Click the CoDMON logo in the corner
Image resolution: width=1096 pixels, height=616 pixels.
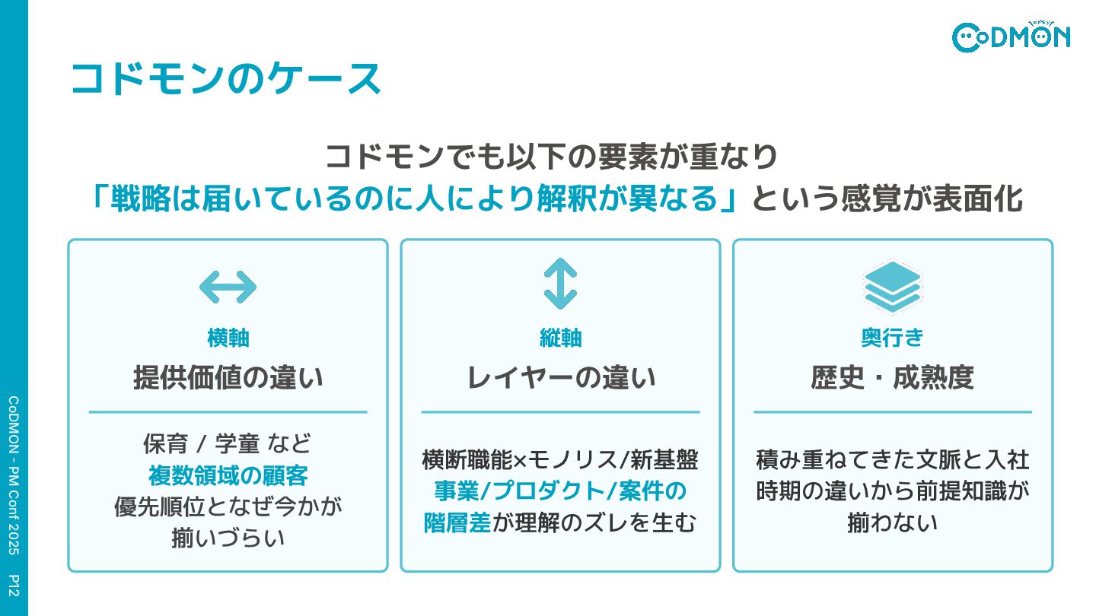click(1011, 36)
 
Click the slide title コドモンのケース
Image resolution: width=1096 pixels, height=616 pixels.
click(225, 79)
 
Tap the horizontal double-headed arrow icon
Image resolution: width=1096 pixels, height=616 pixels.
click(228, 287)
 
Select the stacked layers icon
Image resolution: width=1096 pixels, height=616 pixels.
click(892, 287)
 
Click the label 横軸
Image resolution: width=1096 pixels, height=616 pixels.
click(228, 338)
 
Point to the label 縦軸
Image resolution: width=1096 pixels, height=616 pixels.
click(560, 338)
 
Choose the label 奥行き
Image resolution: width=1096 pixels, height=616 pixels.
click(892, 338)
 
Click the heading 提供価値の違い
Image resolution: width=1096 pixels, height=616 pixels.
click(228, 377)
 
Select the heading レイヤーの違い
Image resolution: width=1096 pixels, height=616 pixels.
click(560, 377)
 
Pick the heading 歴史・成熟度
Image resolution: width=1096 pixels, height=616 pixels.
click(892, 377)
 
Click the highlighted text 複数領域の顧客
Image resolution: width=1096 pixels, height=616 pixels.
click(228, 476)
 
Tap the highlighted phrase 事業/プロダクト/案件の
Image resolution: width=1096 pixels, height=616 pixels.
click(560, 491)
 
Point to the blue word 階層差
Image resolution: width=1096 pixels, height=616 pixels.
click(457, 523)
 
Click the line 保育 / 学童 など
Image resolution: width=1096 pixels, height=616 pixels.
click(228, 444)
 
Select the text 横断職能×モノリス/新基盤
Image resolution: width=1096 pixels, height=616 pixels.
click(560, 459)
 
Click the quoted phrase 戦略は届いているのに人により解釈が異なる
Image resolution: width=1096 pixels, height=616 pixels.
click(415, 199)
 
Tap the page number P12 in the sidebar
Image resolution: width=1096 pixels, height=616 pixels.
click(14, 586)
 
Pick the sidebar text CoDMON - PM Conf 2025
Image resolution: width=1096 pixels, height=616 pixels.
click(14, 479)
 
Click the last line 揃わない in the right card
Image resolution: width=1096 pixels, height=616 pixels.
click(892, 523)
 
